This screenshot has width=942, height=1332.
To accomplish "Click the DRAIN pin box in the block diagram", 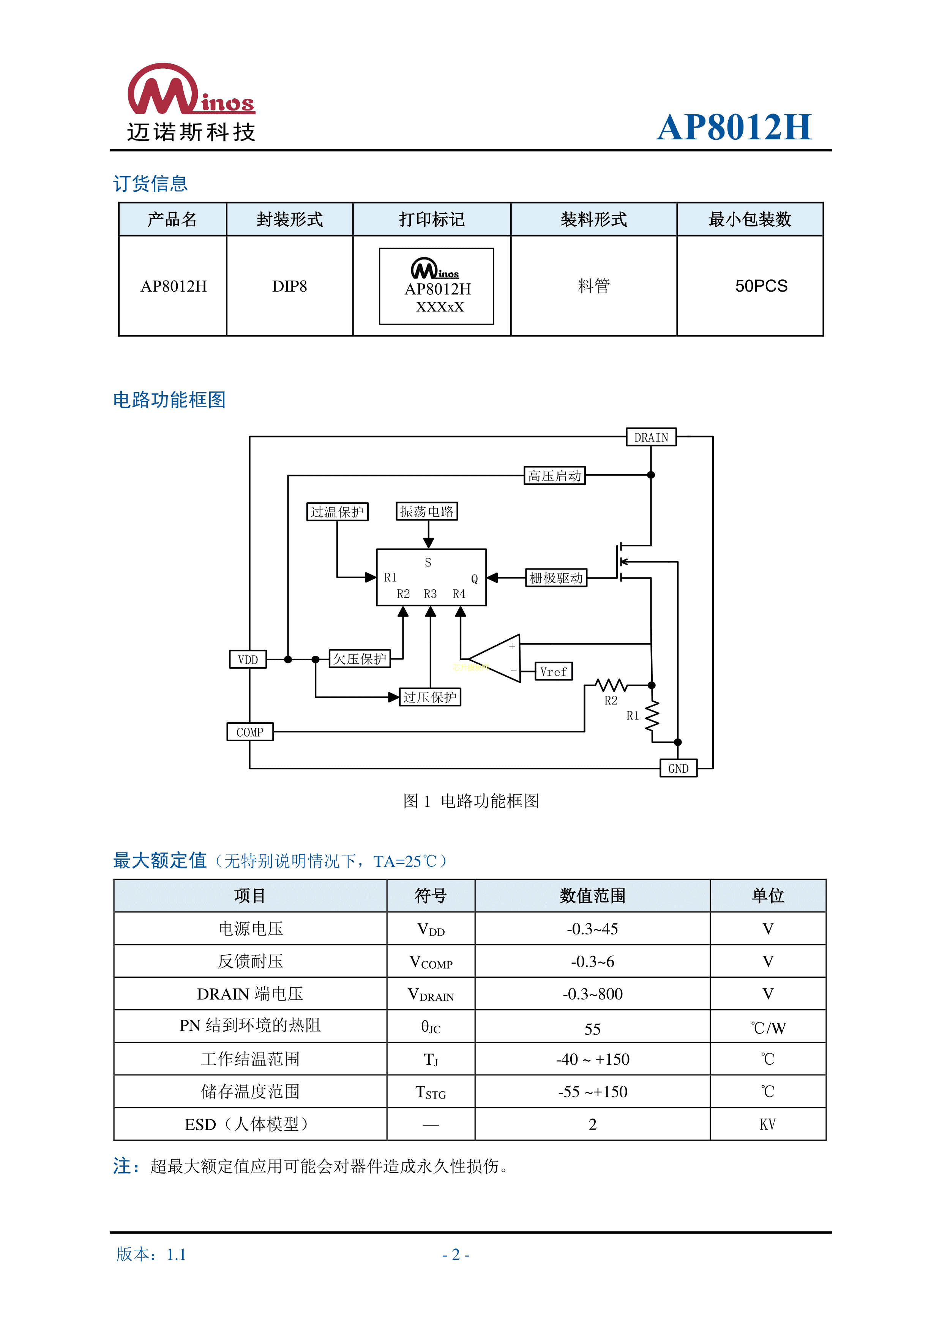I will pyautogui.click(x=651, y=437).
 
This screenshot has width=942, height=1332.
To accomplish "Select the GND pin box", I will pyautogui.click(x=678, y=768).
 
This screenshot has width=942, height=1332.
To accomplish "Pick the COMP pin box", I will pyautogui.click(x=249, y=732).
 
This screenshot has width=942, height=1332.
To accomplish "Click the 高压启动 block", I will pyautogui.click(x=554, y=476).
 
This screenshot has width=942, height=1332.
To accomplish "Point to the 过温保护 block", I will pyautogui.click(x=337, y=512).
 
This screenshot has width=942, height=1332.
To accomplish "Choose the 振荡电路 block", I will pyautogui.click(x=427, y=511).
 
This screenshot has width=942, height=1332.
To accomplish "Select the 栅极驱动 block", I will pyautogui.click(x=556, y=578).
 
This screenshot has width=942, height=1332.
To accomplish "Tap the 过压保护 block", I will pyautogui.click(x=430, y=697).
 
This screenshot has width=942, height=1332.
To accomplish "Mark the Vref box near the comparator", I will pyautogui.click(x=553, y=671).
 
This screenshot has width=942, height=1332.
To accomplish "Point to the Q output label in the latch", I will pyautogui.click(x=474, y=578).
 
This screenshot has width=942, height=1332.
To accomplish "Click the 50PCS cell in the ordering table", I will pyautogui.click(x=761, y=286).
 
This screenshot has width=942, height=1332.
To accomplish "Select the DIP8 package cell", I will pyautogui.click(x=289, y=286).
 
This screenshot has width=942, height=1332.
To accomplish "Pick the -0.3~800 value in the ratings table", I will pyautogui.click(x=592, y=994).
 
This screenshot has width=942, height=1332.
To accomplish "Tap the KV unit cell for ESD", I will pyautogui.click(x=767, y=1124).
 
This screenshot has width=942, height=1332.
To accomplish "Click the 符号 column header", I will pyautogui.click(x=431, y=896).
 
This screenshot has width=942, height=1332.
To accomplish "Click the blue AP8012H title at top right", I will pyautogui.click(x=734, y=127).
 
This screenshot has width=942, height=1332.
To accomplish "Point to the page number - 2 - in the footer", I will pyautogui.click(x=456, y=1254).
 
